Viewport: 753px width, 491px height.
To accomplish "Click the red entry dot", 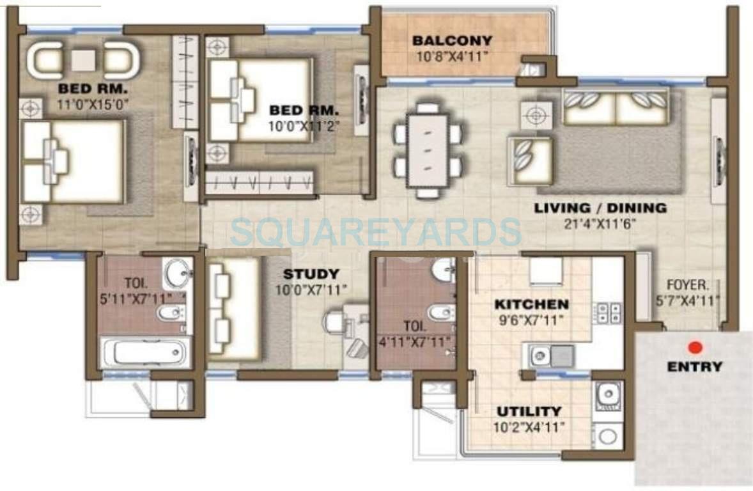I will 695,348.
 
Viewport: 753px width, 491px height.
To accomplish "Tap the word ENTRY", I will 694,367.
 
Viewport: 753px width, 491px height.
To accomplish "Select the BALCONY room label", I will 452,41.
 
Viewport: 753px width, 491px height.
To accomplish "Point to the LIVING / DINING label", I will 600,208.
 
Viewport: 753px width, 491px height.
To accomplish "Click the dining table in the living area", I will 427,150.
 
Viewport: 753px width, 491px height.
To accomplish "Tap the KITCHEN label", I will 531,304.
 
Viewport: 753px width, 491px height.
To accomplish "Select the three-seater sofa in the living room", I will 615,105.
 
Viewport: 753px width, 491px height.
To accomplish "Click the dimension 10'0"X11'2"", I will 303,126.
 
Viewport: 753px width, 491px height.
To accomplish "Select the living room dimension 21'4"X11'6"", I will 600,223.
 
